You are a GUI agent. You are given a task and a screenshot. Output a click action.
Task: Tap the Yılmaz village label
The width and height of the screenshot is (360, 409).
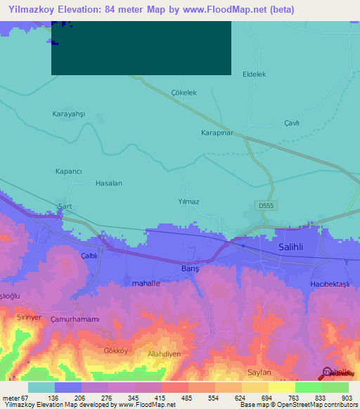(189, 202)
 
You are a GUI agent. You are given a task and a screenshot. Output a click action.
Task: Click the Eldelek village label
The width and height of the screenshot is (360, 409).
(255, 74)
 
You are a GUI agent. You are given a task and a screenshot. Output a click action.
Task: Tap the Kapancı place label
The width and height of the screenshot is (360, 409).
(69, 171)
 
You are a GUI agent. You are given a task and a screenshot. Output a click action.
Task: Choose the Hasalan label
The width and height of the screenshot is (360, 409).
(109, 183)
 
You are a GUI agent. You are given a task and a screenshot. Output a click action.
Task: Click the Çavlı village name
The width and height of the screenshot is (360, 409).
(292, 122)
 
